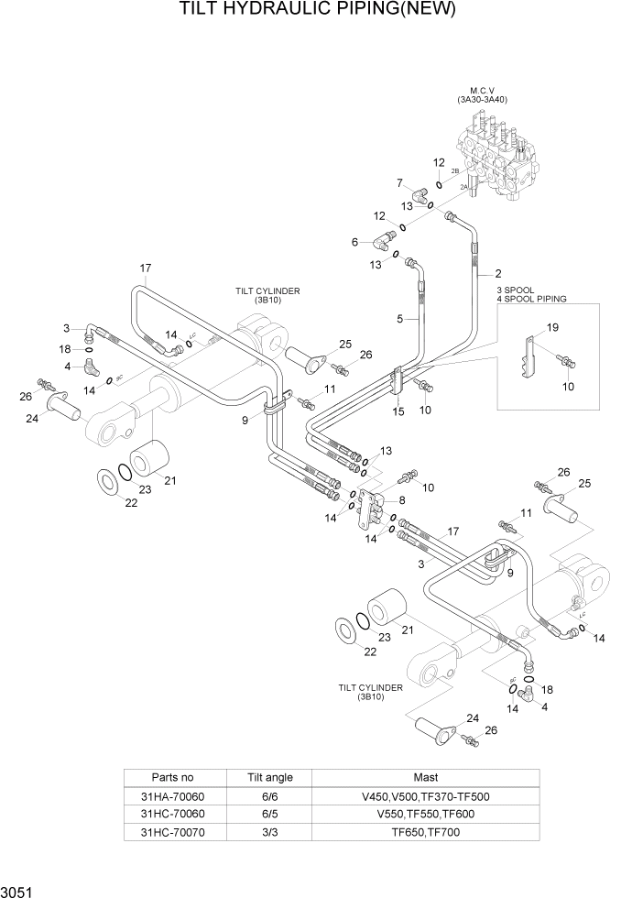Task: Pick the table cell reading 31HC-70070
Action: pos(172,831)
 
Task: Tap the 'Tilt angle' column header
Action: pos(270,777)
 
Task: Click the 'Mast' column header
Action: pos(425,777)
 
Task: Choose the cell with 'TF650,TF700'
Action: pos(425,831)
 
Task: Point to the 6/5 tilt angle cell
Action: pos(270,814)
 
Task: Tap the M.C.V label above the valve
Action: pos(482,92)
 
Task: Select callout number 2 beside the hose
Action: pos(497,273)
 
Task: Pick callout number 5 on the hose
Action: pos(399,319)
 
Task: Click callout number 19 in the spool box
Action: pos(552,327)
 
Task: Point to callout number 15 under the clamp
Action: pos(398,412)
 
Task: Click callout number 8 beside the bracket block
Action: pos(401,500)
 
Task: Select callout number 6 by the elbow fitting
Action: pos(354,242)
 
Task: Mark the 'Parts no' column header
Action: pos(172,777)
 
